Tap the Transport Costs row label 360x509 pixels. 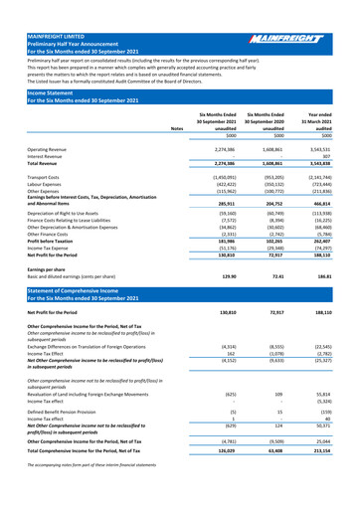[x=34, y=146]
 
